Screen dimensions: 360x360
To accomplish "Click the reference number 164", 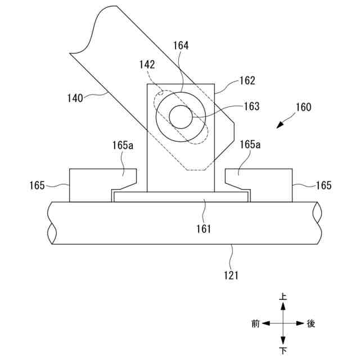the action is [x=181, y=46].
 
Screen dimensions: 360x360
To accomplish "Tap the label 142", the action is [x=147, y=65].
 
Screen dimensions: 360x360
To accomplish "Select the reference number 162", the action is [x=247, y=80].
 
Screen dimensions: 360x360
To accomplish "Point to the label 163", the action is [x=251, y=106].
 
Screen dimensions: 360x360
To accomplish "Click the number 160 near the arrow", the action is [x=304, y=107].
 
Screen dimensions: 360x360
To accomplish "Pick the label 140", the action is [x=75, y=98].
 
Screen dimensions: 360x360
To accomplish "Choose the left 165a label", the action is [x=123, y=145].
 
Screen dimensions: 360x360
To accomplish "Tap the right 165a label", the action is [x=250, y=145].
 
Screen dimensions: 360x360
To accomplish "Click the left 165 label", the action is [x=37, y=186].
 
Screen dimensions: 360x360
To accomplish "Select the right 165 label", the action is [x=324, y=186].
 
